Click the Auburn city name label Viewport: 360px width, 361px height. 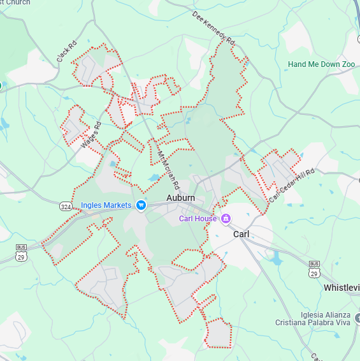pyautogui.click(x=180, y=198)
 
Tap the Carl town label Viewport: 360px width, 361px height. pyautogui.click(x=241, y=234)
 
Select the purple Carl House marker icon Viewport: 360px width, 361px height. pyautogui.click(x=226, y=219)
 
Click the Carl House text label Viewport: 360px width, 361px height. pyautogui.click(x=198, y=219)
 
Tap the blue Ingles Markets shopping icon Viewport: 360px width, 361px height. pyautogui.click(x=141, y=205)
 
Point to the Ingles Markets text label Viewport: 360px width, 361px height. pyautogui.click(x=106, y=205)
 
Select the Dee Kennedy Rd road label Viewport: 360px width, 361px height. pyautogui.click(x=213, y=29)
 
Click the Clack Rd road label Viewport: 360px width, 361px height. pyautogui.click(x=66, y=51)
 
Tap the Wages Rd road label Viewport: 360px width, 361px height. pyautogui.click(x=91, y=136)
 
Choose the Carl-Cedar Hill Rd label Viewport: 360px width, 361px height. pyautogui.click(x=292, y=186)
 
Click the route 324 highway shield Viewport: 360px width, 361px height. pyautogui.click(x=66, y=207)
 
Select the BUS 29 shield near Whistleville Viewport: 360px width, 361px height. pyautogui.click(x=313, y=269)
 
